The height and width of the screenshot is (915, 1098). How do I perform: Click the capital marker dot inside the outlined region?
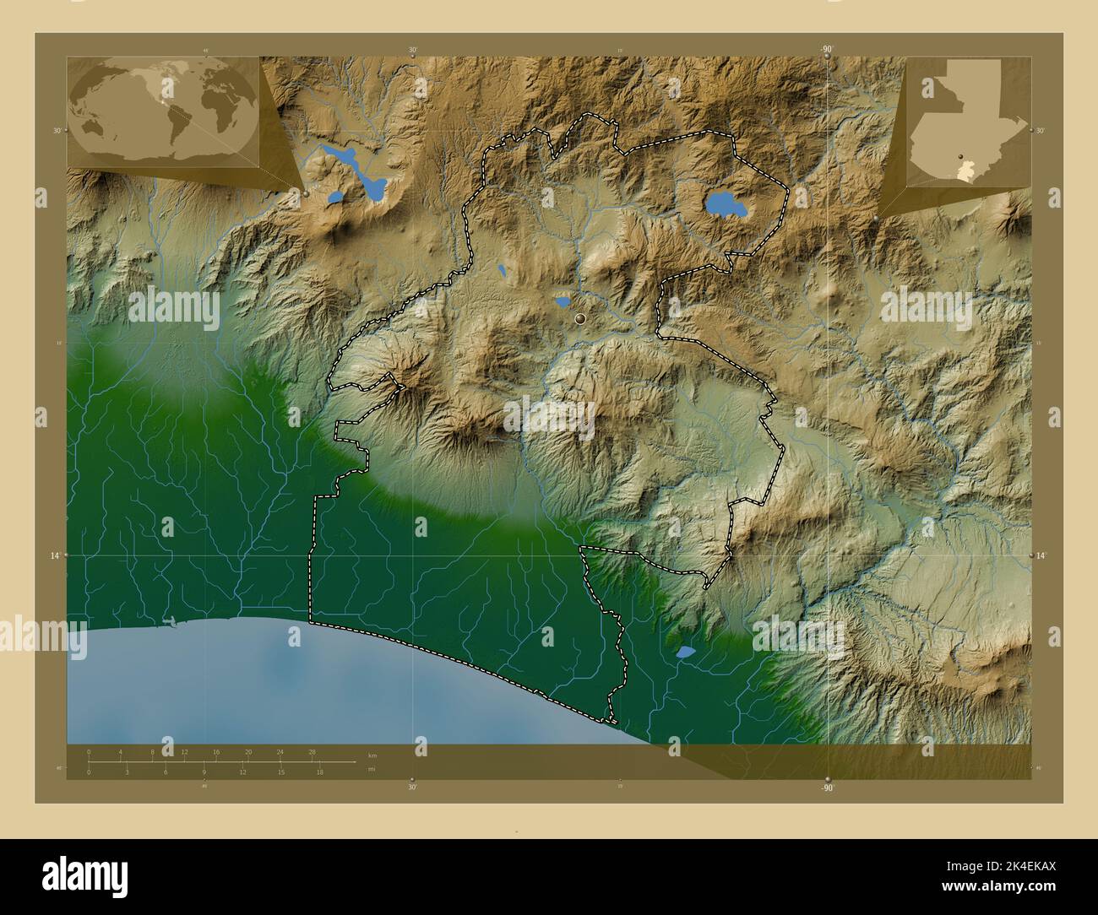click(580, 318)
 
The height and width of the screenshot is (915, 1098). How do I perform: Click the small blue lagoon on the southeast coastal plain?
click(685, 652)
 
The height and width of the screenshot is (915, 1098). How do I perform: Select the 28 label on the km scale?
click(312, 751)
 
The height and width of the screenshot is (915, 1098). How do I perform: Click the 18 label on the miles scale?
click(319, 772)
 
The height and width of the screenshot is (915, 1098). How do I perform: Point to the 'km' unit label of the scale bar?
click(372, 754)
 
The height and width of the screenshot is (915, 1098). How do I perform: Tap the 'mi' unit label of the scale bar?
click(371, 769)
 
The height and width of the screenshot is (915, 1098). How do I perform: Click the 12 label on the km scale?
click(184, 751)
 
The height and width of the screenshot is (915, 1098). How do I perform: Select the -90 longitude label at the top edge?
click(826, 50)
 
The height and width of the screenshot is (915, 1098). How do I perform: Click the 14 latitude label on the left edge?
click(55, 555)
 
